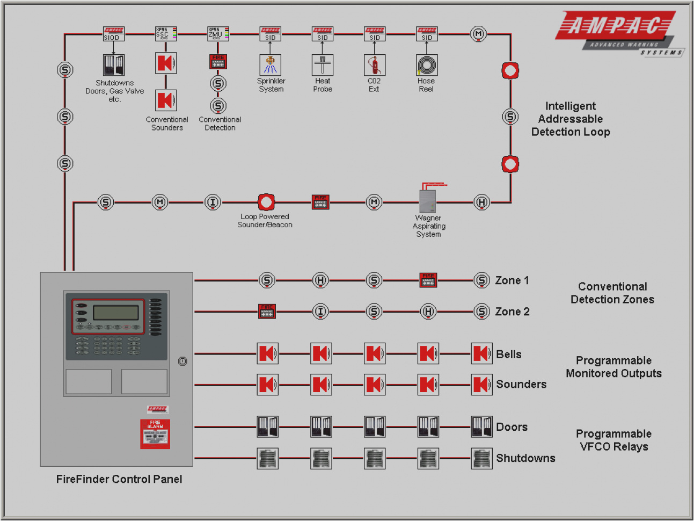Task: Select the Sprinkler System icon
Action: click(x=270, y=65)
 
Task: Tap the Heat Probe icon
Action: click(x=322, y=65)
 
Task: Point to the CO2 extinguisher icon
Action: click(x=374, y=65)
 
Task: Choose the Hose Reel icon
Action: click(x=427, y=65)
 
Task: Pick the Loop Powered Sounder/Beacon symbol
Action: click(x=266, y=202)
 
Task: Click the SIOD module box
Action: click(x=113, y=34)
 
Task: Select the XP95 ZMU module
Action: click(x=217, y=34)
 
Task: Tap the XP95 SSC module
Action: click(x=165, y=34)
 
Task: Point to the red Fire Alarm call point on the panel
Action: click(x=155, y=433)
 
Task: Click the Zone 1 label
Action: click(x=512, y=280)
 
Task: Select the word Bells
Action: click(x=508, y=354)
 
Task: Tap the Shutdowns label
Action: click(x=525, y=458)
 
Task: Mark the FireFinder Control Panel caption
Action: click(x=119, y=479)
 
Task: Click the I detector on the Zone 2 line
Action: click(x=320, y=312)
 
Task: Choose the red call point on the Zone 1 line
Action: click(x=428, y=280)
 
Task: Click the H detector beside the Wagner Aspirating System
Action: click(x=482, y=202)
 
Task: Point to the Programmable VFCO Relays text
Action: click(x=613, y=440)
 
